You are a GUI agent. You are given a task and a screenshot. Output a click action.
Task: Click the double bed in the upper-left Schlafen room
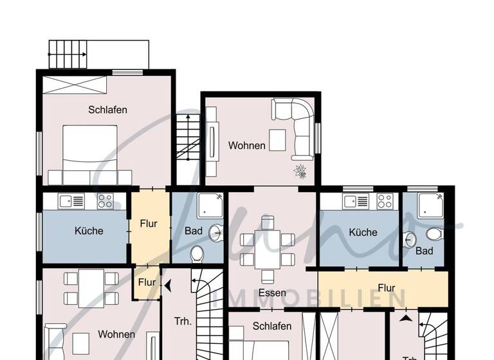point(90,147)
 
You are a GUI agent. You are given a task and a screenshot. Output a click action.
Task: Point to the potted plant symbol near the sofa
point(300,171)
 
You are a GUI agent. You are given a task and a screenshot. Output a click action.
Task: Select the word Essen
point(272,292)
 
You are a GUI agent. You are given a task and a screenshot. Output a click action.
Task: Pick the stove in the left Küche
point(105,201)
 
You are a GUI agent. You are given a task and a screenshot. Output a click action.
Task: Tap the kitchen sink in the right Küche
point(356,201)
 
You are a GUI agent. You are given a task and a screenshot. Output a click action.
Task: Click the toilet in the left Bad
point(197,253)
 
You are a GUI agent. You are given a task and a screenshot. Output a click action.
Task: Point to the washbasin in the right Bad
point(410,240)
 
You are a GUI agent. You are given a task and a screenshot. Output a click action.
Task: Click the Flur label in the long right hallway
point(387,288)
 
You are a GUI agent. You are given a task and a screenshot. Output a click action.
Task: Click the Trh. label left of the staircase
point(183,321)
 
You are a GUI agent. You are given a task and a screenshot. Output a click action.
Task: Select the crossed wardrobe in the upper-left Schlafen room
point(75,85)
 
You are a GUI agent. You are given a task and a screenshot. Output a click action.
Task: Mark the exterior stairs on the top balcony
point(68,55)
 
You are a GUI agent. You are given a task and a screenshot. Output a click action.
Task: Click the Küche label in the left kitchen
point(89,231)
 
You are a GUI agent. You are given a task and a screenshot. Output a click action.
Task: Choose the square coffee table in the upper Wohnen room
point(277,139)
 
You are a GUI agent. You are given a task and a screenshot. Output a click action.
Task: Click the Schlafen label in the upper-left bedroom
point(107,109)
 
